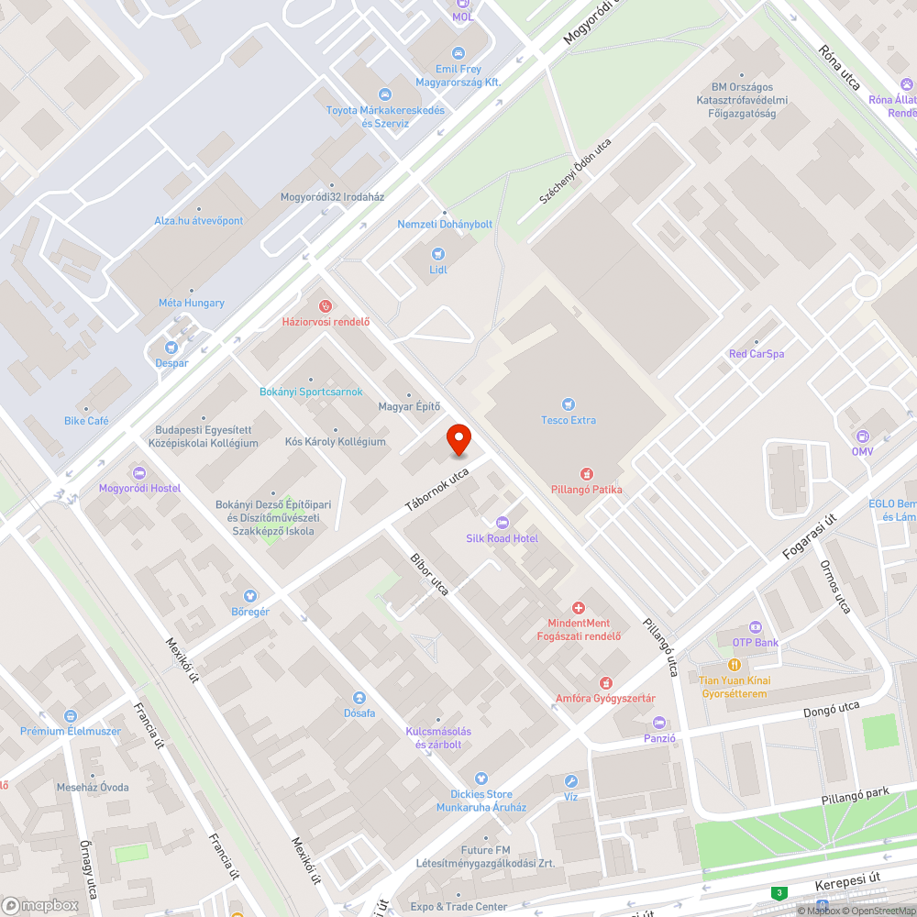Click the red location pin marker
click(x=458, y=439)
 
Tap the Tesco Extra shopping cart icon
click(x=569, y=404)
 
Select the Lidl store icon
click(x=437, y=253)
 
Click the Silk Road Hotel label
click(x=502, y=538)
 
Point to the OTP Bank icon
click(x=755, y=626)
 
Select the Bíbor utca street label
click(x=429, y=575)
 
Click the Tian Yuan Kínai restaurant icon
click(x=734, y=664)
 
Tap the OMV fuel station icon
click(x=861, y=436)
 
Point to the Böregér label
click(x=250, y=611)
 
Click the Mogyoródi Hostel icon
click(x=139, y=473)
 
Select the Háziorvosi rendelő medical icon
click(x=325, y=305)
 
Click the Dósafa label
click(x=359, y=713)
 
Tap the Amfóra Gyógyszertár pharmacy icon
click(x=605, y=683)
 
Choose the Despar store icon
click(x=171, y=348)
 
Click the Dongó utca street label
click(x=831, y=708)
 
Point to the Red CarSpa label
click(x=756, y=354)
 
